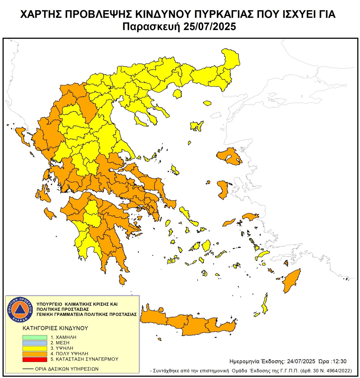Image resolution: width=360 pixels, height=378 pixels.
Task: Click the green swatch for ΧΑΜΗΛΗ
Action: click(x=35, y=337)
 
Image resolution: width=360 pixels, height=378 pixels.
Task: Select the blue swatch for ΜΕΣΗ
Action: click(x=35, y=343)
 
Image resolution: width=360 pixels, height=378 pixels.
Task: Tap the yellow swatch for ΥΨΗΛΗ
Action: click(x=35, y=348)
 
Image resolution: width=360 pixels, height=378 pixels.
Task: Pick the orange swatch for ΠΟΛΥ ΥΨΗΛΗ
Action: click(x=35, y=354)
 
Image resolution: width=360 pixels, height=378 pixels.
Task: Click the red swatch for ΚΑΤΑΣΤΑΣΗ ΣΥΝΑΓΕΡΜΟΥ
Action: click(x=35, y=359)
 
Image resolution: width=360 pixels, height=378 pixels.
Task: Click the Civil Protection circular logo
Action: click(x=20, y=309)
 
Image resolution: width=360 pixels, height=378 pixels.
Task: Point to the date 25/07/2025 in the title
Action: click(x=210, y=27)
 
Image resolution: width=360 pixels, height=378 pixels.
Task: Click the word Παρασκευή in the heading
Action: click(x=151, y=27)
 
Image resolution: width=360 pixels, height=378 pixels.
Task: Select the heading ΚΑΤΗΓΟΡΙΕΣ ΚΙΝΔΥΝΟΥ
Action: click(x=55, y=328)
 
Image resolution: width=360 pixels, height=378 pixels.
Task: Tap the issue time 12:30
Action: click(x=339, y=361)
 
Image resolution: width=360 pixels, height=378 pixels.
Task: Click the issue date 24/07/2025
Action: click(x=301, y=361)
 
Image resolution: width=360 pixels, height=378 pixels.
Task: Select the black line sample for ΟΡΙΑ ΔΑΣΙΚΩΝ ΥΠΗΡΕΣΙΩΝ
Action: click(x=28, y=369)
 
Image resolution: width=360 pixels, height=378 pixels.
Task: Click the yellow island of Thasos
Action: click(x=177, y=94)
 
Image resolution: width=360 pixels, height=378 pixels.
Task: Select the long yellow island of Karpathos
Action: click(x=265, y=304)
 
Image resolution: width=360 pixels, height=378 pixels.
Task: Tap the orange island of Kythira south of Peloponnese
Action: click(x=122, y=280)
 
